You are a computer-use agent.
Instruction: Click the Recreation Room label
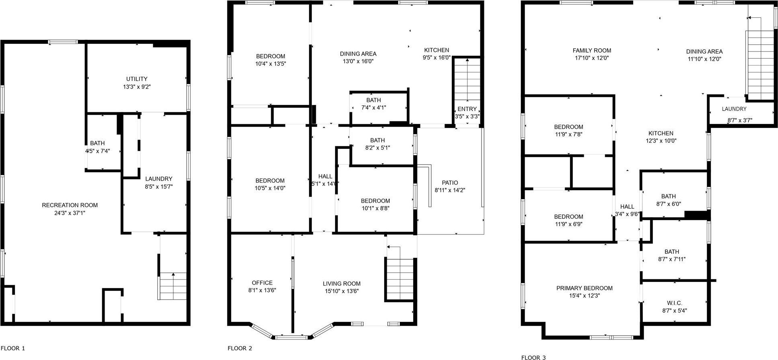click(70, 205)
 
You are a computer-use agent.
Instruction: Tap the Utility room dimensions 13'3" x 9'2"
click(137, 86)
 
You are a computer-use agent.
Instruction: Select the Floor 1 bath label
click(97, 143)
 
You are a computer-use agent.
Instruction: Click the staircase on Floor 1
click(173, 286)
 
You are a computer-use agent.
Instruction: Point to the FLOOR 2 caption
click(240, 348)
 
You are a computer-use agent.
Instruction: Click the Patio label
click(450, 183)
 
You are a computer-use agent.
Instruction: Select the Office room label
click(262, 283)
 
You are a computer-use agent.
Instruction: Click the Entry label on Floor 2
click(467, 109)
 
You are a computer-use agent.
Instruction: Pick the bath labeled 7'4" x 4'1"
click(373, 104)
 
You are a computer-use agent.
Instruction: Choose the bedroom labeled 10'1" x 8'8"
click(375, 204)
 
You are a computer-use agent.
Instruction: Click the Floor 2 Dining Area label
click(358, 54)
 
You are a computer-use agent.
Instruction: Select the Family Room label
click(592, 51)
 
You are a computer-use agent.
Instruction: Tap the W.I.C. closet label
click(674, 303)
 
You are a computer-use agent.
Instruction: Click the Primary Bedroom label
click(584, 288)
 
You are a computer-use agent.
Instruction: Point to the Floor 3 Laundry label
click(734, 109)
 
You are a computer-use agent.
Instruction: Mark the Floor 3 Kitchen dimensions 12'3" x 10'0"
click(661, 141)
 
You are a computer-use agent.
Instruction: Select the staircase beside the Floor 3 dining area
click(760, 64)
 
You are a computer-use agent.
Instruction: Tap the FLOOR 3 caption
click(533, 357)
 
